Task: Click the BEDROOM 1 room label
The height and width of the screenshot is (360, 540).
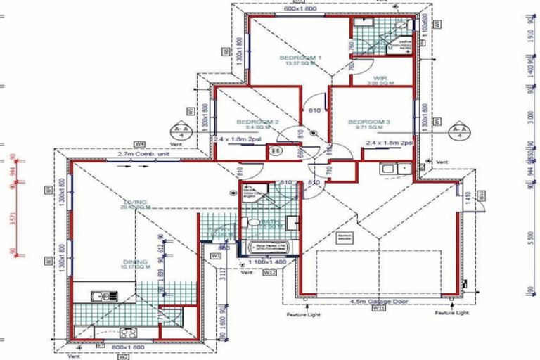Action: (300, 58)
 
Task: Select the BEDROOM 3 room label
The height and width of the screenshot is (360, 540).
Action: (369, 122)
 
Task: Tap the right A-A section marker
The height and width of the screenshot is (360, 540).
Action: (461, 132)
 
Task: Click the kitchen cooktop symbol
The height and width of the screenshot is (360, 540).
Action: (129, 332)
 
